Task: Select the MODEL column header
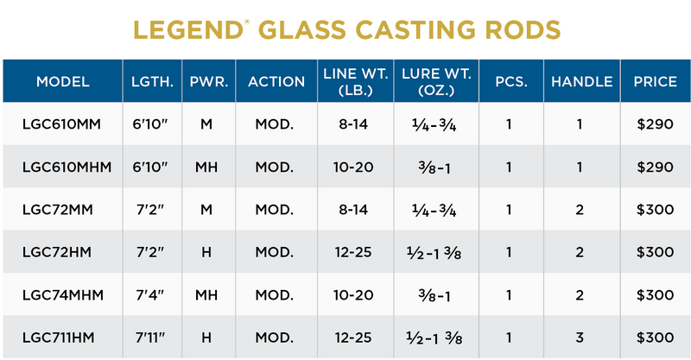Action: [x=62, y=82]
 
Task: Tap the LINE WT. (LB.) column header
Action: [x=354, y=82]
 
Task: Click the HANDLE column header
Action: [x=581, y=82]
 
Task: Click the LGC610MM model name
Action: [x=62, y=125]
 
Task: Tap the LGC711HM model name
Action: [x=62, y=337]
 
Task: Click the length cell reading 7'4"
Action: [x=151, y=294]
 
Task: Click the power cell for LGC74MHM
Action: [x=206, y=294]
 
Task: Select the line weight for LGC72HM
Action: [x=354, y=252]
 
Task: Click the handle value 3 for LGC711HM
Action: [x=581, y=337]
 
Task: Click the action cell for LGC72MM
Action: [x=275, y=210]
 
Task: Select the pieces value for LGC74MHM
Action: [x=510, y=294]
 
